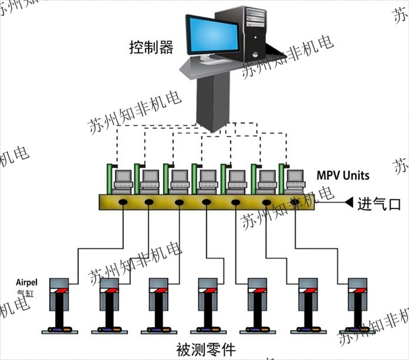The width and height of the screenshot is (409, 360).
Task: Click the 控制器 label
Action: tap(151, 47)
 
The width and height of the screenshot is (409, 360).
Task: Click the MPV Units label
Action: tap(343, 175)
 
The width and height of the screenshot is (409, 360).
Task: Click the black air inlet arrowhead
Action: tap(349, 203)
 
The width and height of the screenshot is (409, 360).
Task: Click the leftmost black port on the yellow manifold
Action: tap(124, 202)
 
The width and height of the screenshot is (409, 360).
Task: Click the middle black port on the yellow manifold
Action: tap(207, 202)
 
